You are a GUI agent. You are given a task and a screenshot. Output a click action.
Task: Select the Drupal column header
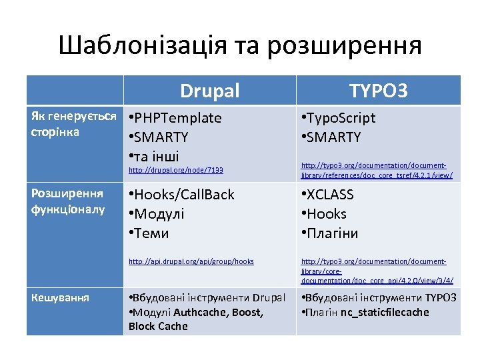pyautogui.click(x=209, y=91)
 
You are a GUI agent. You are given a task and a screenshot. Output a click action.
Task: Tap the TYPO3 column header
pyautogui.click(x=379, y=91)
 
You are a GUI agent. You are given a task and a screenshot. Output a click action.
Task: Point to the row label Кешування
pyautogui.click(x=59, y=297)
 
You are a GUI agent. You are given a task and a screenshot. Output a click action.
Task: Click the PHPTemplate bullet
pyautogui.click(x=177, y=119)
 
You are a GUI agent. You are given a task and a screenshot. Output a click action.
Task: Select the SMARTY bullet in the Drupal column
pyautogui.click(x=160, y=138)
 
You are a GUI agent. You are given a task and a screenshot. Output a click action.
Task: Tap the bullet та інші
pyautogui.click(x=156, y=157)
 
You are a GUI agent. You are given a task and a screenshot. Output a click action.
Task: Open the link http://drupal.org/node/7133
pyautogui.click(x=175, y=171)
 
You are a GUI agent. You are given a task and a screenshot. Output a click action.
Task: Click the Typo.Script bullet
pyautogui.click(x=339, y=119)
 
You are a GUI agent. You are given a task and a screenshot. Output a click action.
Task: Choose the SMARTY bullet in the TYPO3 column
pyautogui.click(x=333, y=138)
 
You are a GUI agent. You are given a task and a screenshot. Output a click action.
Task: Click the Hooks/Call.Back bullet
pyautogui.click(x=183, y=195)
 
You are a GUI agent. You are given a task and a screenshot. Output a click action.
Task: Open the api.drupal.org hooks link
pyautogui.click(x=191, y=261)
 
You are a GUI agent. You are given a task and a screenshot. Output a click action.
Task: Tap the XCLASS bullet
pyautogui.click(x=330, y=195)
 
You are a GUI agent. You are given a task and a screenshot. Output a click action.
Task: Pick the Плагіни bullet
pyautogui.click(x=332, y=233)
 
